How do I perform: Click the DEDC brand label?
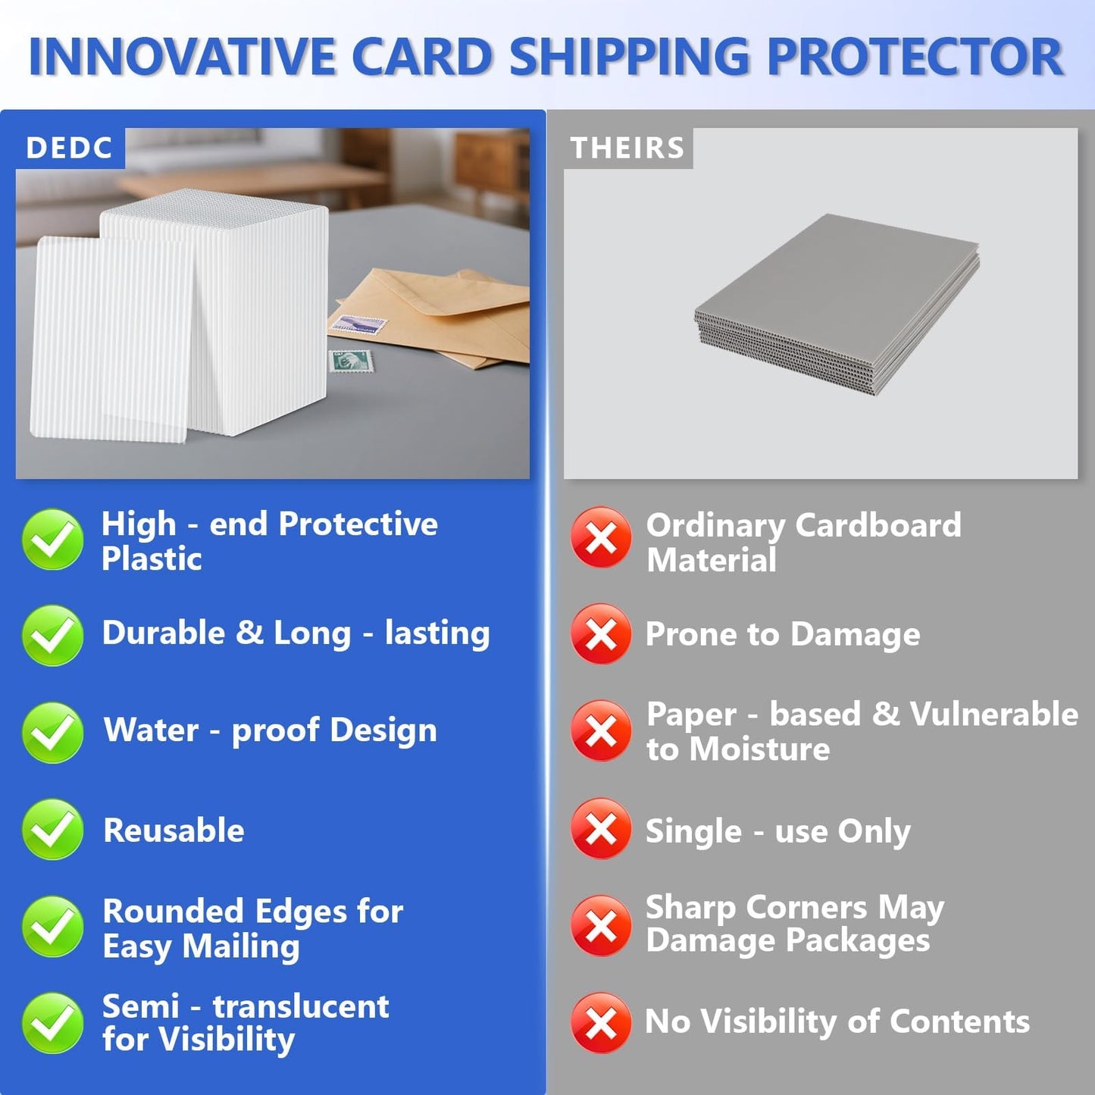pyautogui.click(x=69, y=148)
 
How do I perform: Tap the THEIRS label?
pyautogui.click(x=627, y=148)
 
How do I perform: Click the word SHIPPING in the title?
pyautogui.click(x=628, y=58)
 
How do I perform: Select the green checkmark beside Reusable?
pyautogui.click(x=52, y=830)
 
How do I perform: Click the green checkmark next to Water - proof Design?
pyautogui.click(x=52, y=732)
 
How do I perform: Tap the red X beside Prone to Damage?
pyautogui.click(x=601, y=634)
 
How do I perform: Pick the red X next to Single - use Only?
pyautogui.click(x=601, y=829)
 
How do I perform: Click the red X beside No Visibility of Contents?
pyautogui.click(x=601, y=1023)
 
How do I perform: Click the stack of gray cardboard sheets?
pyautogui.click(x=837, y=303)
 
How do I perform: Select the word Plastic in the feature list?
pyautogui.click(x=152, y=559)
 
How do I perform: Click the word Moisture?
pyautogui.click(x=760, y=749)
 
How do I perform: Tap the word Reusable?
pyautogui.click(x=174, y=831)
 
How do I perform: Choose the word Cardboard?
pyautogui.click(x=878, y=525)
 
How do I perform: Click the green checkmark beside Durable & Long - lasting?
pyautogui.click(x=52, y=635)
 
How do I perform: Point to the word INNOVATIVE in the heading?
pyautogui.click(x=182, y=58)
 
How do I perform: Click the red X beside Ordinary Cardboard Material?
pyautogui.click(x=601, y=538)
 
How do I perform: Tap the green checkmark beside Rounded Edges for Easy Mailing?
pyautogui.click(x=52, y=927)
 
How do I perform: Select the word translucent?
pyautogui.click(x=301, y=1006)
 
